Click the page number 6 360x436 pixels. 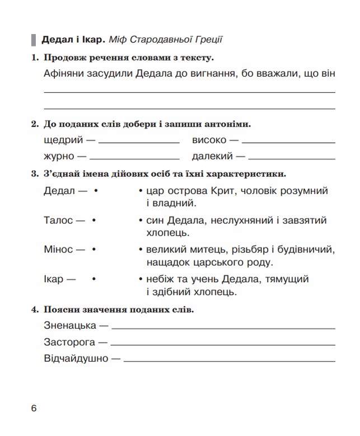point(34,409)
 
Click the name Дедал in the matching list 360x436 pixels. point(59,191)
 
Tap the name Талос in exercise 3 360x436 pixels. point(58,221)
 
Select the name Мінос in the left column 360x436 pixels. point(58,250)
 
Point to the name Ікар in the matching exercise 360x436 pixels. point(54,279)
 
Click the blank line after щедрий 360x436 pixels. point(139,142)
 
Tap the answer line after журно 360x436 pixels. point(134,158)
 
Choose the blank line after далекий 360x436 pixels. point(291,158)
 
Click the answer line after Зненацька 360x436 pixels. point(224,327)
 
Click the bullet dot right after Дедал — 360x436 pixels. point(96,191)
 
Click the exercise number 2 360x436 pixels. point(34,124)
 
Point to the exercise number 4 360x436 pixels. point(34,310)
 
